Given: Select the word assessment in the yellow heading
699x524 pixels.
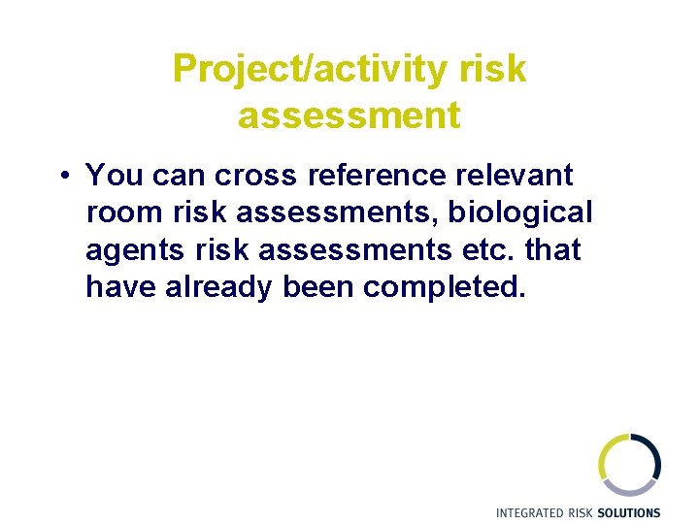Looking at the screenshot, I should [x=349, y=115].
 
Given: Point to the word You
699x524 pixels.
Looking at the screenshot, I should [x=113, y=176].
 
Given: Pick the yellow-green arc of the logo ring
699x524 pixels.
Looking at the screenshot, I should [x=605, y=456].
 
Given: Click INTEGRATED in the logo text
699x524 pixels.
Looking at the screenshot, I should [x=530, y=512].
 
